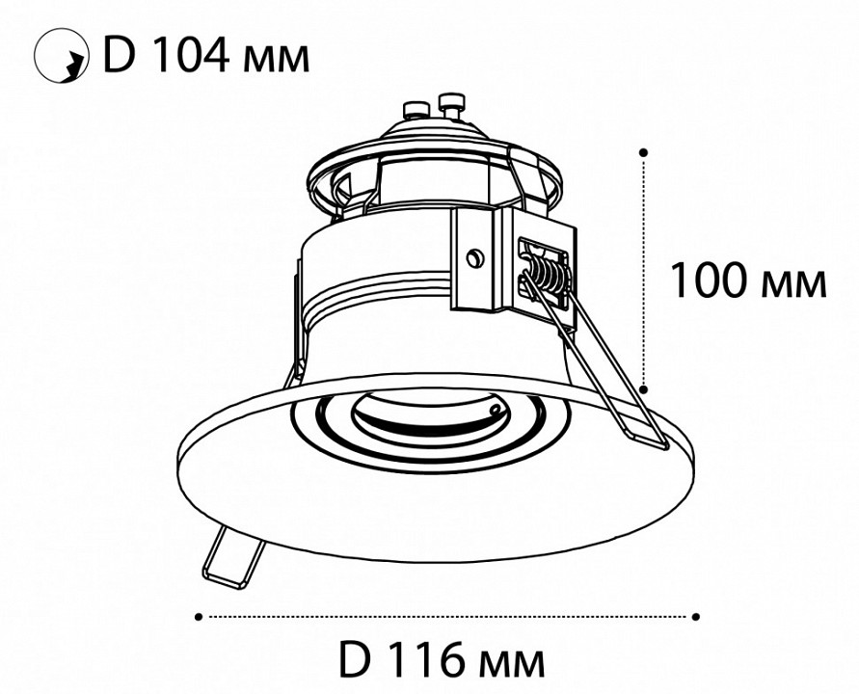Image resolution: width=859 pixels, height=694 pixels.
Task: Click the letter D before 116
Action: pyautogui.click(x=357, y=661)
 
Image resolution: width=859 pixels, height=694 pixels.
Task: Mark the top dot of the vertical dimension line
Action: pyautogui.click(x=644, y=151)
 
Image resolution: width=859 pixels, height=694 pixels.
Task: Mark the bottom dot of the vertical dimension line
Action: pyautogui.click(x=644, y=388)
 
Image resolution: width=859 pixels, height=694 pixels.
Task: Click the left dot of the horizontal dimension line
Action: pyautogui.click(x=199, y=614)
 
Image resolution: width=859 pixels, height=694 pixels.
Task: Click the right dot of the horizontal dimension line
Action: pyautogui.click(x=696, y=614)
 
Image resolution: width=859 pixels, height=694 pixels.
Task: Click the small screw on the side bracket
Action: pyautogui.click(x=473, y=256)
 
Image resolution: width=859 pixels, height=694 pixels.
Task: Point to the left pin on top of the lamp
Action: pyautogui.click(x=416, y=106)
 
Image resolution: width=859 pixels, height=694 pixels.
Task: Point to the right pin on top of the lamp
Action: pyautogui.click(x=449, y=101)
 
